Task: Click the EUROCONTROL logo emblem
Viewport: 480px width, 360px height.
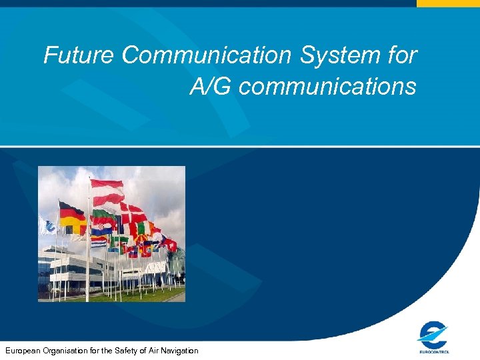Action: [433, 333]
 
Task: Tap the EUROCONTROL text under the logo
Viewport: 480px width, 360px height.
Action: [433, 351]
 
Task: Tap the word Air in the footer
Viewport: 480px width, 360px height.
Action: [152, 351]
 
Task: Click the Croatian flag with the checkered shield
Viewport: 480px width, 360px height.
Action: [101, 229]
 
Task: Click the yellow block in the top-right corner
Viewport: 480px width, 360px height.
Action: [448, 3]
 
